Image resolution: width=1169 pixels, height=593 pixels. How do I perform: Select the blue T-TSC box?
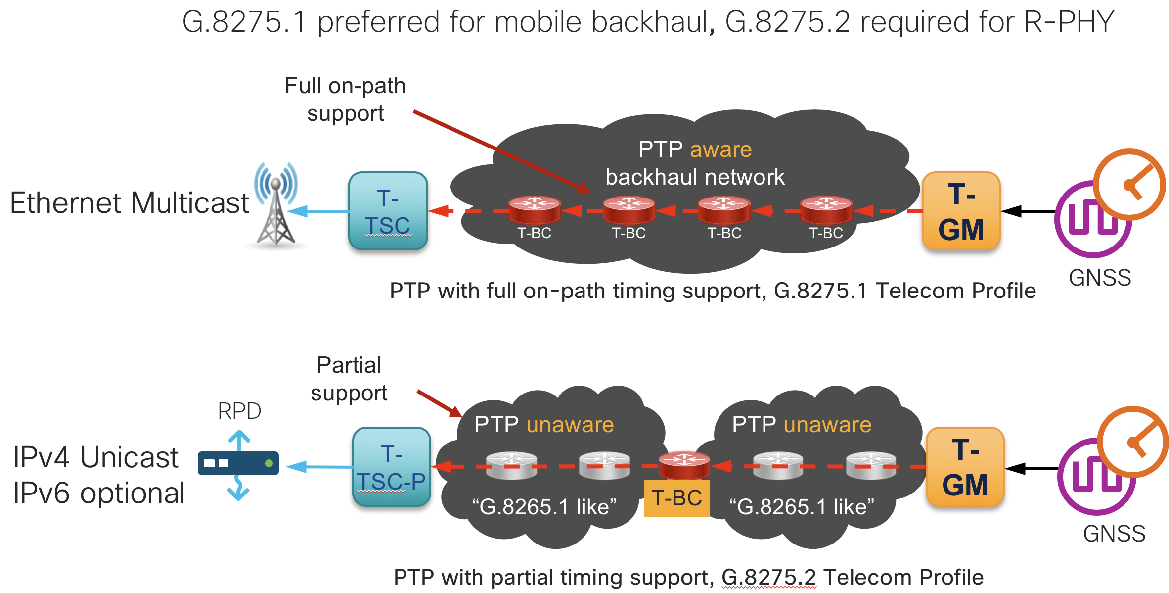[388, 211]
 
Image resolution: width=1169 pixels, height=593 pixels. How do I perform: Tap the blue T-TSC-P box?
[392, 467]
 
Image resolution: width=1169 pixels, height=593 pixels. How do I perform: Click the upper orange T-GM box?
[961, 211]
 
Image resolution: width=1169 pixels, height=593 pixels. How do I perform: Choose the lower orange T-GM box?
[965, 467]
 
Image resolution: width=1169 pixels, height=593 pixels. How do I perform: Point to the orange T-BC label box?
[676, 498]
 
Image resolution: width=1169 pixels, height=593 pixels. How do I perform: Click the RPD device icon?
[238, 463]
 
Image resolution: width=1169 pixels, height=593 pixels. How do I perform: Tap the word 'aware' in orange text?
[720, 149]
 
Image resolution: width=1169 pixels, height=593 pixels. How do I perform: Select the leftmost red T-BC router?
[534, 209]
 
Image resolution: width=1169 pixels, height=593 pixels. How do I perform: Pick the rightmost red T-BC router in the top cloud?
[826, 209]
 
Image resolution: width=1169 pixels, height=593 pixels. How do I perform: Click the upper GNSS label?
[1100, 278]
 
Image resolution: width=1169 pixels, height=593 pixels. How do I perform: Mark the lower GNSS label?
[1114, 534]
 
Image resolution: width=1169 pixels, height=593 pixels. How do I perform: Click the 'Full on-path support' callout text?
[345, 99]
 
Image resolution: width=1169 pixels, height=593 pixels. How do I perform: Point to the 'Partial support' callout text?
[349, 379]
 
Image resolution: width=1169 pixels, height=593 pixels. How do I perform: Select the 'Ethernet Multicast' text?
[130, 203]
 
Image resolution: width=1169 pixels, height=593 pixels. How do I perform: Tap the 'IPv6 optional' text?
[99, 493]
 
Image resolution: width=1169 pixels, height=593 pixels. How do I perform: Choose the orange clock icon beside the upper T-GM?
[1129, 185]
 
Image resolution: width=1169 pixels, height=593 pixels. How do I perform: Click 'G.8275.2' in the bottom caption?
[768, 577]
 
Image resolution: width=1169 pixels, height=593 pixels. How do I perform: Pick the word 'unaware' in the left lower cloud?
[570, 425]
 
